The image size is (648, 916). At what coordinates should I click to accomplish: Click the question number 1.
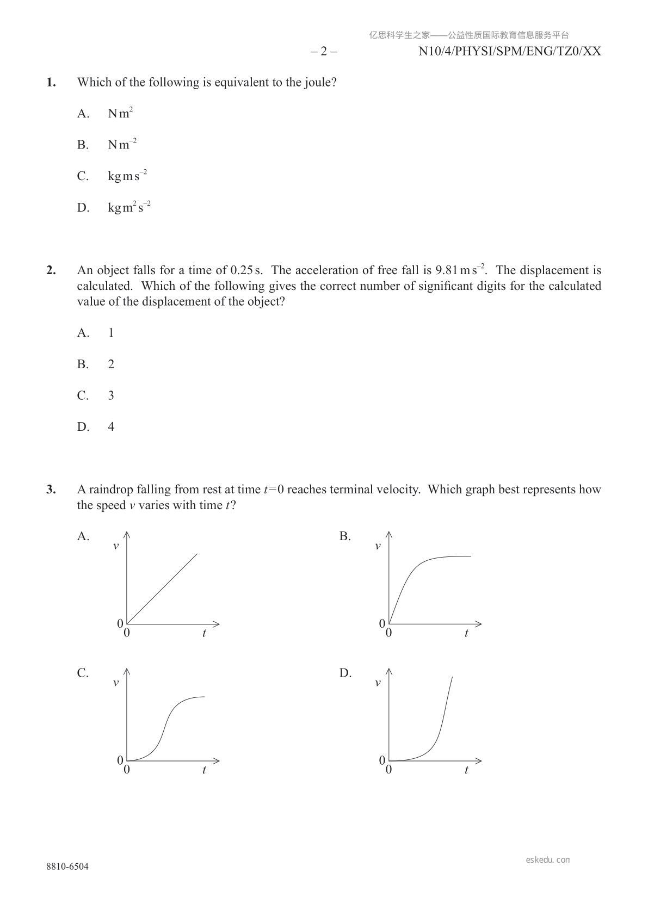tap(51, 83)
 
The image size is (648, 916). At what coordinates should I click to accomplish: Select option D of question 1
tap(83, 208)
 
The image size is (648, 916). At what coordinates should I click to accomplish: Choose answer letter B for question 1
tap(83, 145)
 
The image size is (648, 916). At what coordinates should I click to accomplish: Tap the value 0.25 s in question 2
tap(246, 270)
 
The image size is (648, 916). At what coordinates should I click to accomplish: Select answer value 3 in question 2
tap(111, 396)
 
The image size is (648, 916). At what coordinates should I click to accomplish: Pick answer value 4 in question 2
tap(111, 427)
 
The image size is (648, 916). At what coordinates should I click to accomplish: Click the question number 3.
tap(51, 490)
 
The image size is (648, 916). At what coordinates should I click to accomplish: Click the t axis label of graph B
tap(466, 633)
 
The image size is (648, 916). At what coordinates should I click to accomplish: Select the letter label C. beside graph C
tap(83, 673)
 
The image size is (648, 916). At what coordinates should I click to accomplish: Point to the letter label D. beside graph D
tap(345, 673)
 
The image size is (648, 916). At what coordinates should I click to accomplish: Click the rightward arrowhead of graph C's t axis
tap(217, 760)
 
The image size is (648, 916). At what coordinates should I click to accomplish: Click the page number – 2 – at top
tap(324, 52)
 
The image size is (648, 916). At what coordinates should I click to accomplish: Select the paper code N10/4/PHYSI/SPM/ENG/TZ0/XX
tap(510, 52)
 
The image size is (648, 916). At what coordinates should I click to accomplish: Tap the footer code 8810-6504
tap(67, 867)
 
